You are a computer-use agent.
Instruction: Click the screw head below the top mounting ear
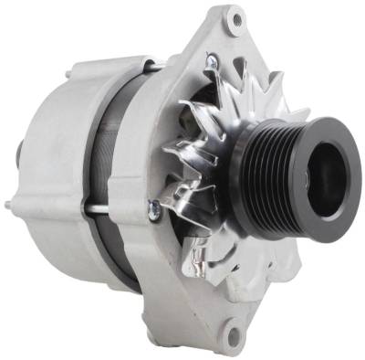(212, 61)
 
